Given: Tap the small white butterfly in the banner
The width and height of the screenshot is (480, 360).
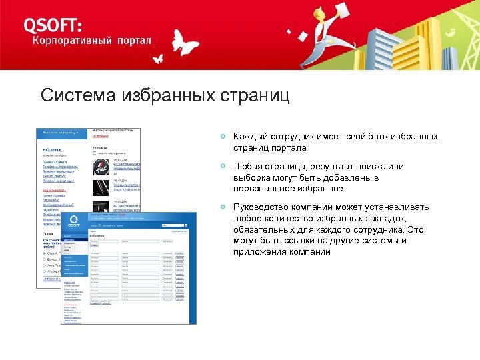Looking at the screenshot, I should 158,58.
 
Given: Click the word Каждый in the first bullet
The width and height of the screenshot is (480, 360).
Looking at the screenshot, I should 249,137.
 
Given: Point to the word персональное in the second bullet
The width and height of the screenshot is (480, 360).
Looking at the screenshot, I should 261,189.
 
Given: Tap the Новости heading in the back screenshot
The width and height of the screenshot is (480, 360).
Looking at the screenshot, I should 101,149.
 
